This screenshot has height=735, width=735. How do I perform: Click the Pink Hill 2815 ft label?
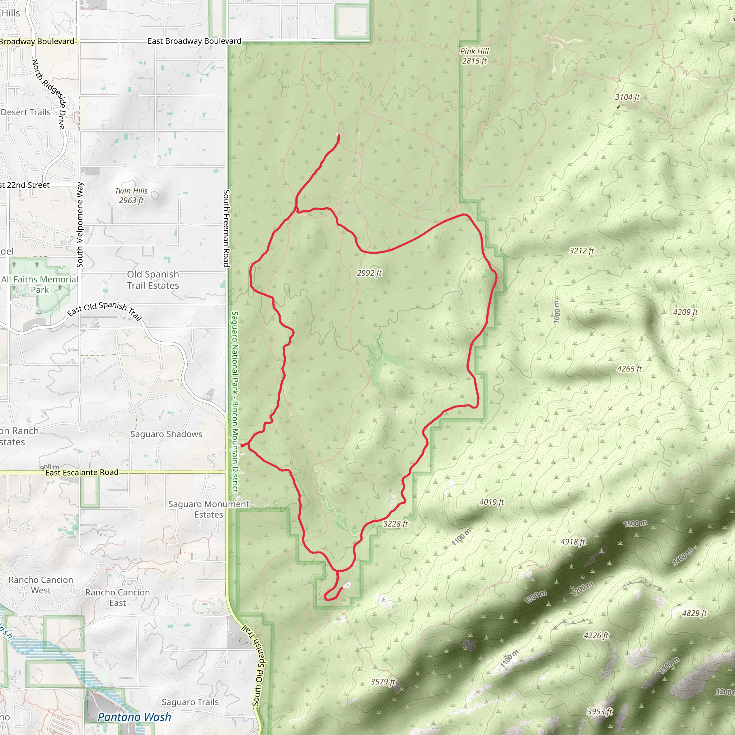(474, 56)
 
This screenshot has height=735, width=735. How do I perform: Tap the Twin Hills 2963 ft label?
(131, 196)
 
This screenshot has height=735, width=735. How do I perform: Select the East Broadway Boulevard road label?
(194, 41)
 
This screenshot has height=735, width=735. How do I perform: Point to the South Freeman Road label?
(226, 228)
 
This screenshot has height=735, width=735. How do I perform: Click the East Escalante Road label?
(82, 473)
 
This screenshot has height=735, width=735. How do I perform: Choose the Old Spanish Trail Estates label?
(153, 280)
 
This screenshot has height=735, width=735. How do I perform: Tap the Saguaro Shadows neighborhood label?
(166, 434)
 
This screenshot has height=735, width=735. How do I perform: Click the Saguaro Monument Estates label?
(209, 509)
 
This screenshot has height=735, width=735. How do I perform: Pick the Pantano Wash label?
(134, 717)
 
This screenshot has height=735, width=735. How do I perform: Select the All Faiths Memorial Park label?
(39, 284)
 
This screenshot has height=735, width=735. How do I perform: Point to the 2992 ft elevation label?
(369, 273)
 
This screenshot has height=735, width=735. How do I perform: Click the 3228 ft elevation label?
(395, 524)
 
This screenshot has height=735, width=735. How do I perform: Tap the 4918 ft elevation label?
(573, 542)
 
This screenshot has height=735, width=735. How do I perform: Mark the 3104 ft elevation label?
(627, 97)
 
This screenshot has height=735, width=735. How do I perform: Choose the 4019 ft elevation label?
(492, 502)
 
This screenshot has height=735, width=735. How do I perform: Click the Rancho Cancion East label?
(118, 598)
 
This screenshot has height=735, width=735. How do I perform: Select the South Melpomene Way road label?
(80, 225)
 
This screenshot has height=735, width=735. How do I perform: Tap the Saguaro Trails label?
(190, 702)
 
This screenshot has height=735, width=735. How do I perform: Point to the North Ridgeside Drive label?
(49, 94)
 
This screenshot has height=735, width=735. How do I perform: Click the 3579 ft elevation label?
(383, 682)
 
